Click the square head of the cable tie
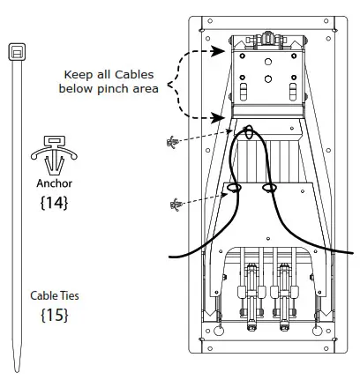click(17, 52)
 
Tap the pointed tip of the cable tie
click(17, 371)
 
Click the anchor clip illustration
click(54, 154)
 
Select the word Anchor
click(55, 183)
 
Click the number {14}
click(54, 203)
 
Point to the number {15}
click(55, 315)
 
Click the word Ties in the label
click(69, 295)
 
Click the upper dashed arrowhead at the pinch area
click(218, 51)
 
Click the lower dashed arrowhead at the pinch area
click(218, 117)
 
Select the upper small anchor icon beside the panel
click(173, 142)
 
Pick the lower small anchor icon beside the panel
click(176, 205)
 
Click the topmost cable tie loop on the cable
click(249, 132)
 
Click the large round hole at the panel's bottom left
click(219, 331)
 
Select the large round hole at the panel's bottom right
click(317, 331)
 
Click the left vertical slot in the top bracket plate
click(244, 92)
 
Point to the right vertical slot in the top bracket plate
click(293, 92)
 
